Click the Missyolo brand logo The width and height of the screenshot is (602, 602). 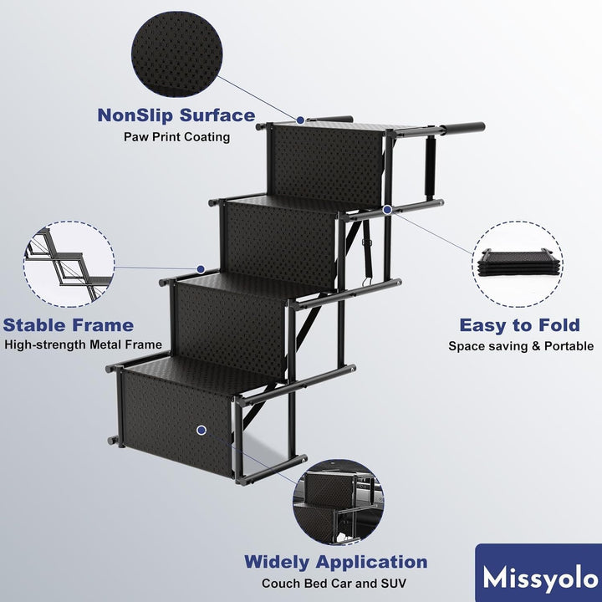538,573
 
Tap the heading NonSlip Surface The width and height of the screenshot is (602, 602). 176,115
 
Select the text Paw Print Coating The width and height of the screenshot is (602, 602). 176,136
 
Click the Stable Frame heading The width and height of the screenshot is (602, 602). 69,325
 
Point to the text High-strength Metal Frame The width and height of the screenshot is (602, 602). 83,344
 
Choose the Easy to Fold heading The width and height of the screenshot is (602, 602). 519,325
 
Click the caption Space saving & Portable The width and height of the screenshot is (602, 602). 521,346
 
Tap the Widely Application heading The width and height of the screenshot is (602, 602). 336,562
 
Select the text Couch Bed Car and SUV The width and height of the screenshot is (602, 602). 334,584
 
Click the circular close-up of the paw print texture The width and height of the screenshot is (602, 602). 177,54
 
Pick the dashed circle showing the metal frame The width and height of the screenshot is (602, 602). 69,263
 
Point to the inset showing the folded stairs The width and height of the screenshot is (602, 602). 518,263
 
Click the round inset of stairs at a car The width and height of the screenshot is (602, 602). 339,503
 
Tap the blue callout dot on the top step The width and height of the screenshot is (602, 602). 301,120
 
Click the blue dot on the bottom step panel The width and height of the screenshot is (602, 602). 202,431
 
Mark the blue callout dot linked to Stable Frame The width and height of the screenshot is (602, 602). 201,269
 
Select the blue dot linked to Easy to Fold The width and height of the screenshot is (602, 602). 387,210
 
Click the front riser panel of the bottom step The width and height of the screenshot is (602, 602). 177,423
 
